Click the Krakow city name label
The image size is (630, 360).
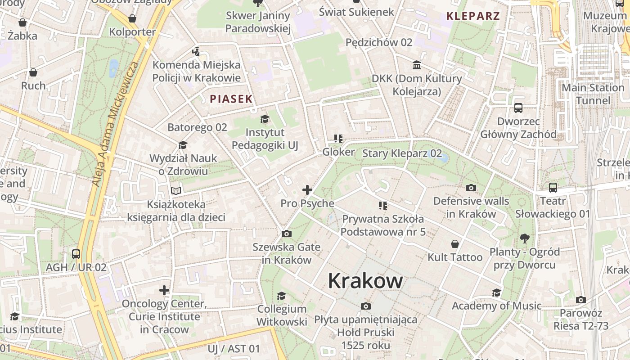365,281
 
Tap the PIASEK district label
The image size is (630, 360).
231,99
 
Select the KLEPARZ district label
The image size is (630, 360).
473,16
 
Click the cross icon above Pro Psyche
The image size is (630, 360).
307,190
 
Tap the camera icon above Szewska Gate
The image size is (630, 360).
286,234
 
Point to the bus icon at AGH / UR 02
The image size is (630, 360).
76,254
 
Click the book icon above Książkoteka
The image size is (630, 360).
176,191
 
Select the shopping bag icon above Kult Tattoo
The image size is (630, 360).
455,244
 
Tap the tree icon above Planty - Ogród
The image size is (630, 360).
524,238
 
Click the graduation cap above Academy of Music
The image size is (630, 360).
496,293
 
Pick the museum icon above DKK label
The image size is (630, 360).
417,65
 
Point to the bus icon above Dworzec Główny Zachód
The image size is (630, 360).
518,108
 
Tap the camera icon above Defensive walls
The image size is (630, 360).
471,188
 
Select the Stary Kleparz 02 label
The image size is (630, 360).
402,153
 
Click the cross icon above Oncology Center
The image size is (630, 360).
164,290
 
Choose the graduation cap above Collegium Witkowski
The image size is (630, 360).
282,296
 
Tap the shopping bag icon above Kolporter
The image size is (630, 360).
132,18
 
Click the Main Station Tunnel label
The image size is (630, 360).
593,94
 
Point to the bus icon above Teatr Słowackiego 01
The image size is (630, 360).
553,188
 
